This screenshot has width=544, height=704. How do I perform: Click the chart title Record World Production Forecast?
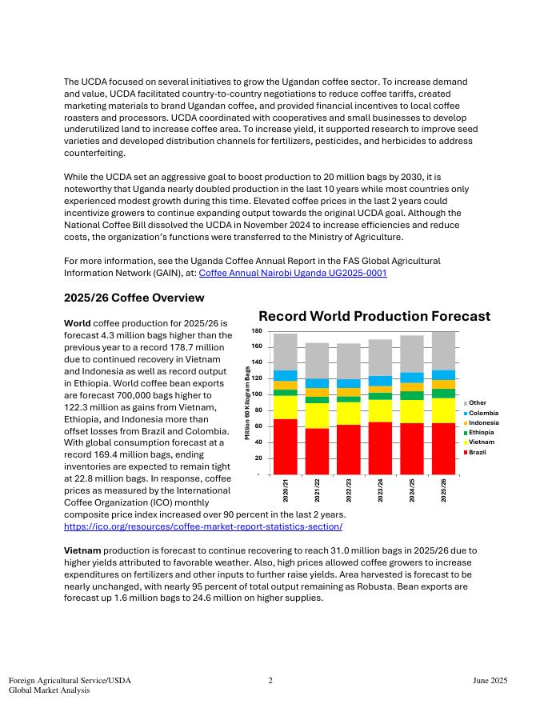(374, 316)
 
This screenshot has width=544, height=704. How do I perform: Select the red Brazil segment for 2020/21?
(286, 446)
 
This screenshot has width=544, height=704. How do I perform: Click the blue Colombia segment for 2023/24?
(381, 381)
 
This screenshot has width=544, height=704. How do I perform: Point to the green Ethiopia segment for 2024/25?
(412, 395)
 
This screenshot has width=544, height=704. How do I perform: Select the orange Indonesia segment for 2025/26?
(443, 385)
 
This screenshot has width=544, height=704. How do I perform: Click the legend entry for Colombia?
(482, 413)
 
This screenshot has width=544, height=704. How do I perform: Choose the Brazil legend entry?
(477, 452)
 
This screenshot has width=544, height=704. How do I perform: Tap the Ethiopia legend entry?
(481, 432)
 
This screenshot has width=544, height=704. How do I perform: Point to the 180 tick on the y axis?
(257, 330)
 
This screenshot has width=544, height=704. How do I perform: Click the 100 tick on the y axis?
(257, 394)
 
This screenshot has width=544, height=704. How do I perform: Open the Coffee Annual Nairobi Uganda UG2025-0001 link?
(293, 273)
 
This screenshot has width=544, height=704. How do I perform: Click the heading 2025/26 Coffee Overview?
(134, 298)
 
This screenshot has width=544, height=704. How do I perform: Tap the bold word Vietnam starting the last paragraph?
(82, 550)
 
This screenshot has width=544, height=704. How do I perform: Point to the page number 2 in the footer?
(270, 681)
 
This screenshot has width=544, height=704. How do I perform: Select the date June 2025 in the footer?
(490, 681)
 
